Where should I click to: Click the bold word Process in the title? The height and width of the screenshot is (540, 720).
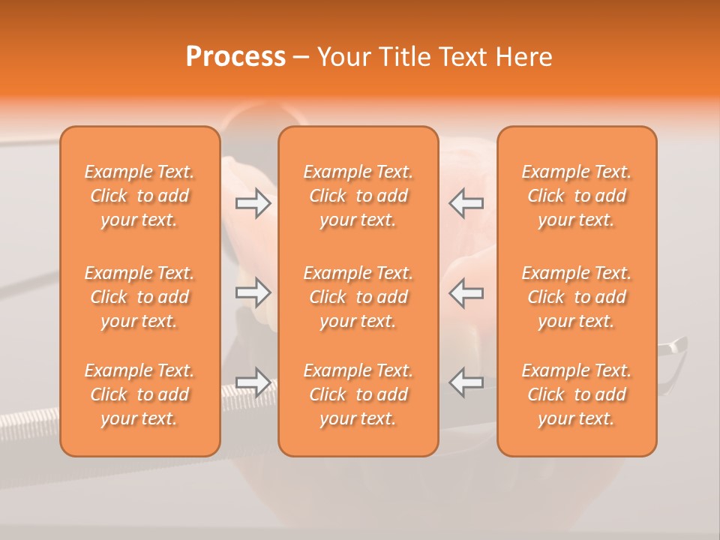click(235, 57)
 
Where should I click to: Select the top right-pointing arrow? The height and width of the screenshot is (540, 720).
click(253, 203)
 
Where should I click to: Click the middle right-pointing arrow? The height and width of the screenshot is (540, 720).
click(253, 292)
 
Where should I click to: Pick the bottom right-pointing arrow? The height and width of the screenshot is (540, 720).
click(253, 382)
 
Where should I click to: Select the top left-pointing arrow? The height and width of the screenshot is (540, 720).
click(466, 203)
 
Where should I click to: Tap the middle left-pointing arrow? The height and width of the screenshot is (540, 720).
click(466, 292)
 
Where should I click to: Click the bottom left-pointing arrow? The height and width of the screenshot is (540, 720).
click(466, 382)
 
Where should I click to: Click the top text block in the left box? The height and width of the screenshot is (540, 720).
click(139, 196)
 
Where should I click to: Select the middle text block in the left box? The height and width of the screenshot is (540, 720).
click(139, 297)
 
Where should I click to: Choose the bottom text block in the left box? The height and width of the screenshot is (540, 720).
click(139, 394)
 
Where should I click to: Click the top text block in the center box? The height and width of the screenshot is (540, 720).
click(358, 196)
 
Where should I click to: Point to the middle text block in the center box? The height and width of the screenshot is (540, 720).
click(358, 297)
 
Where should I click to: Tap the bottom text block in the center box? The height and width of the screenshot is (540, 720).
click(358, 394)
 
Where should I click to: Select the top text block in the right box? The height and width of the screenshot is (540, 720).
click(577, 196)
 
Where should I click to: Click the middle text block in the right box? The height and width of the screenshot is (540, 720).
click(577, 297)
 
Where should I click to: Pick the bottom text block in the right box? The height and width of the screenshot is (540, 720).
click(577, 394)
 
